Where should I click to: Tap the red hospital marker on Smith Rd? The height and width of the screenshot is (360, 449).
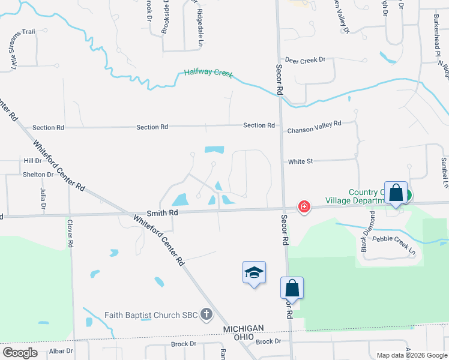pos(305,207)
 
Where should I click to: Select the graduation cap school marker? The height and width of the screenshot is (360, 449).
pos(254,273)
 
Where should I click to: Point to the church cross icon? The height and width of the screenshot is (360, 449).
pos(206,314)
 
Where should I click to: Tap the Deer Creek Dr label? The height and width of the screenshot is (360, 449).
pos(304,60)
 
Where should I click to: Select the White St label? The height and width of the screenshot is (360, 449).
pos(301,161)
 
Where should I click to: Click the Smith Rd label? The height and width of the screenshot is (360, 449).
pos(162,212)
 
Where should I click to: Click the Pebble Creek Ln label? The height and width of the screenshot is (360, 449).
pos(394,246)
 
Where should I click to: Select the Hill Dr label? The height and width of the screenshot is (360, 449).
pos(32,161)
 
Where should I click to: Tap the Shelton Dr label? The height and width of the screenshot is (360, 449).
pos(38,175)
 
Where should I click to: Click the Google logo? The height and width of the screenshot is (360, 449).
pos(20,353)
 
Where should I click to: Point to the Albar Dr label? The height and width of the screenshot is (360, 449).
pos(61,350)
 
